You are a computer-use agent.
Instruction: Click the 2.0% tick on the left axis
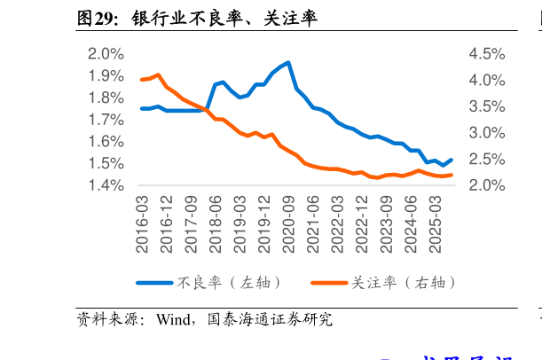(106, 54)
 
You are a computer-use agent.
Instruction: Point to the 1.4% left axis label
(106, 185)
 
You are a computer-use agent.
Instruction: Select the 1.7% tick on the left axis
(106, 120)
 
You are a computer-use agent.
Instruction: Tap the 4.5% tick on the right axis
(487, 54)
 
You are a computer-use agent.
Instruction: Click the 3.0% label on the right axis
(487, 133)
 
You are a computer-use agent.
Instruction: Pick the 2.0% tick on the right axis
(487, 185)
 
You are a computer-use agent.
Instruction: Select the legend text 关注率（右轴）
(405, 283)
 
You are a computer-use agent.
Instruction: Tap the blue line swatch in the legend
(154, 283)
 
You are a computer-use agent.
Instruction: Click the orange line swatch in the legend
(329, 283)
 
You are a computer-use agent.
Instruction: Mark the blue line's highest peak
(288, 63)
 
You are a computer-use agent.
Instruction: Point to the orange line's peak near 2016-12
(158, 74)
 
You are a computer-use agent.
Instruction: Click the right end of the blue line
(452, 160)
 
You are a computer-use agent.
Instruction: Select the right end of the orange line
(452, 175)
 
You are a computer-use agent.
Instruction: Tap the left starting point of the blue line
(142, 108)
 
